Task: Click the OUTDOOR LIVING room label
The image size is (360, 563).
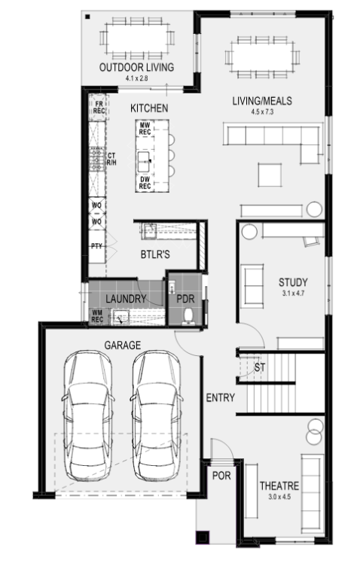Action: (x=136, y=67)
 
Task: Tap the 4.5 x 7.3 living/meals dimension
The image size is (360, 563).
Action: (x=262, y=111)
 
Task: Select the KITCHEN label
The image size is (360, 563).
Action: (x=149, y=108)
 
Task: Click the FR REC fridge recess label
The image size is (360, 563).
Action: (x=99, y=108)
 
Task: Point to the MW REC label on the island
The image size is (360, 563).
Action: (x=145, y=129)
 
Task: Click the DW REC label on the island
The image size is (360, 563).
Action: (x=145, y=182)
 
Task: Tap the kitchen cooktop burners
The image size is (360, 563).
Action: (x=96, y=160)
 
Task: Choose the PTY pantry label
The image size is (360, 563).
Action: (x=96, y=246)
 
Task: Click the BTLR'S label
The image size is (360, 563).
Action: (x=155, y=254)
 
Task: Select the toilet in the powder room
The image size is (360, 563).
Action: (x=188, y=317)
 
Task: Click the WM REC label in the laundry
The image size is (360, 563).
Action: (x=97, y=316)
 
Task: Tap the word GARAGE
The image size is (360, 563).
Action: (x=123, y=345)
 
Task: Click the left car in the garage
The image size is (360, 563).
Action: (x=87, y=415)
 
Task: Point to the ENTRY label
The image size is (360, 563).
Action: (x=220, y=397)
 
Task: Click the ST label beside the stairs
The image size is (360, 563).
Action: (x=260, y=367)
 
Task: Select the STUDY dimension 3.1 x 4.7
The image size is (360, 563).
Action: (x=293, y=293)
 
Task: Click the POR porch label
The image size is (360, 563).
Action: (x=221, y=476)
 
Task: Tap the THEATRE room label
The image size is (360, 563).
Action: (x=279, y=485)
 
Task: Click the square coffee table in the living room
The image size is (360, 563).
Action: (x=270, y=175)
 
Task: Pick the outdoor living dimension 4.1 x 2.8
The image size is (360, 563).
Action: (x=136, y=78)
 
